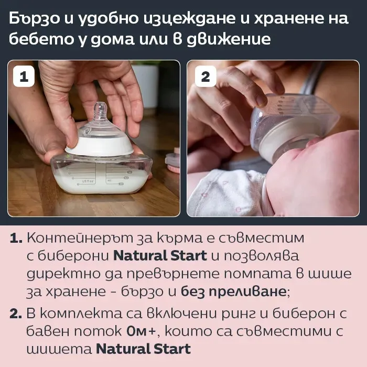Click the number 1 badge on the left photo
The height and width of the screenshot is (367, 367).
24,77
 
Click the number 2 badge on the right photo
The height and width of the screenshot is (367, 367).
206,77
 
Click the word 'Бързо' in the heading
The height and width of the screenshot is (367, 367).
35,19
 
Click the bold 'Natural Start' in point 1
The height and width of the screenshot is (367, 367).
160,256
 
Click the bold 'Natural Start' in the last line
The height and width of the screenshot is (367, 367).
143,349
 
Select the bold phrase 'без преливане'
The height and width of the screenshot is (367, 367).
233,292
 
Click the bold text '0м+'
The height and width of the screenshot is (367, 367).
141,331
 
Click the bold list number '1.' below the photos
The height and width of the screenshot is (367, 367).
16,238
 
